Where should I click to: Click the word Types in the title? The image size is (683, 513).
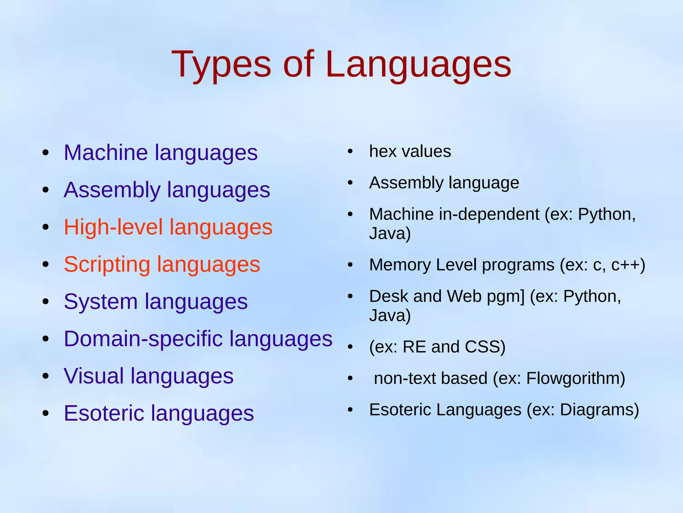[x=221, y=64]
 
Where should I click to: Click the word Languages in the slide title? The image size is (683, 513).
[x=418, y=64]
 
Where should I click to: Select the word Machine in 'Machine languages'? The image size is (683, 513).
[x=105, y=153]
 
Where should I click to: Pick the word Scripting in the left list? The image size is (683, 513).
[x=107, y=264]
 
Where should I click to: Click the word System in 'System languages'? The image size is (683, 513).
[x=101, y=301]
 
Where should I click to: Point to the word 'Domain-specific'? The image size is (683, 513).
[x=143, y=339]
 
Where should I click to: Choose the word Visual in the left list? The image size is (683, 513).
[x=93, y=376]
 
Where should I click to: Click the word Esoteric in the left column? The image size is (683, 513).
[x=104, y=413]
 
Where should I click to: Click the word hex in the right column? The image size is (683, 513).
[x=382, y=151]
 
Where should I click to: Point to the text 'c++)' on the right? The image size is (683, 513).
[x=628, y=265]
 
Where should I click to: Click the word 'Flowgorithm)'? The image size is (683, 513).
[x=576, y=378]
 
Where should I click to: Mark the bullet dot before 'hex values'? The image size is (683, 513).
[x=350, y=152]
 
